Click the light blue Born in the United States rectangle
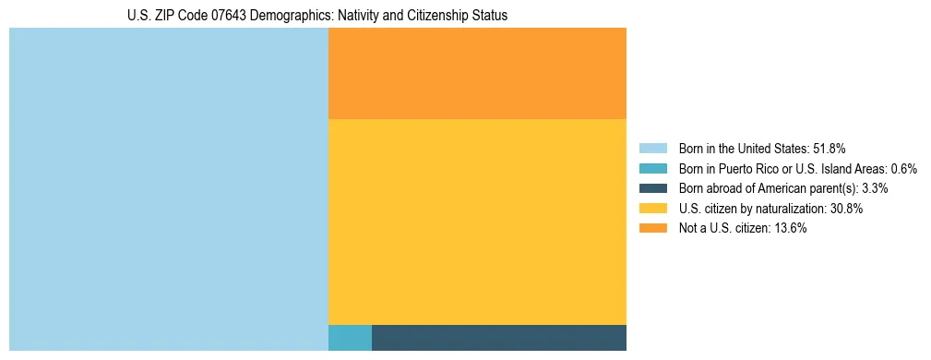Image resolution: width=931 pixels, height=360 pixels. [168, 189]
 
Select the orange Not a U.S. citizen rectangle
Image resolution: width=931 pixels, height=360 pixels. [477, 73]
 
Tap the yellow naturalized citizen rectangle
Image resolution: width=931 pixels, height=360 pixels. [477, 222]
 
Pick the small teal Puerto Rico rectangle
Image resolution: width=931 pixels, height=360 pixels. [350, 338]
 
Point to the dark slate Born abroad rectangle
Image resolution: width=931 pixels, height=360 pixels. [499, 338]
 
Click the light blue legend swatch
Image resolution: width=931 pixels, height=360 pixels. [652, 148]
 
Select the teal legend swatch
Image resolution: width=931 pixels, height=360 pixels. [652, 168]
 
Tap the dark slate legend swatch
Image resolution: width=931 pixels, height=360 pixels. [652, 188]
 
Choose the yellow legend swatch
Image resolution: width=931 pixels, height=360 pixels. [652, 209]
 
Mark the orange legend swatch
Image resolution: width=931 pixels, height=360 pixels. [652, 229]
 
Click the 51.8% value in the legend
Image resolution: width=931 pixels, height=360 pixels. [829, 148]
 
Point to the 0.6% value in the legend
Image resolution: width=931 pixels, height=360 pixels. [903, 168]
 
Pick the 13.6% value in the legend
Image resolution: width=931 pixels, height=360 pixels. [791, 229]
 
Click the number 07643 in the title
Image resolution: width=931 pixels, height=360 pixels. [213, 17]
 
